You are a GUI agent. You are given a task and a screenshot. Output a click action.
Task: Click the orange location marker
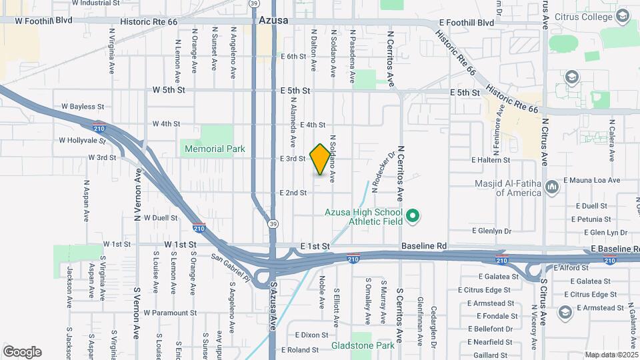pos(320,159)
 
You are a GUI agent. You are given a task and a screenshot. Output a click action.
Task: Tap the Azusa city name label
pos(273,21)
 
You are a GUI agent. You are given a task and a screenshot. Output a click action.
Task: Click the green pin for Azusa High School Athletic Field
pos(412,215)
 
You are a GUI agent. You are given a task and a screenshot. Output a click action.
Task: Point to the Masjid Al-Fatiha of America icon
pos(551,186)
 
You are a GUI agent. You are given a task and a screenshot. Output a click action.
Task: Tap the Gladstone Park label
pos(362,345)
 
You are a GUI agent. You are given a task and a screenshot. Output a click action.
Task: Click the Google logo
pos(22,351)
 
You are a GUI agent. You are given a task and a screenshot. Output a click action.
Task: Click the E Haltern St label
pos(490,160)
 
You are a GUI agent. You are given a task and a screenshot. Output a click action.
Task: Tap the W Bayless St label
pos(83,106)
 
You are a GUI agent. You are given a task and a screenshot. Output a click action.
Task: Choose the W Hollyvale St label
pos(82,141)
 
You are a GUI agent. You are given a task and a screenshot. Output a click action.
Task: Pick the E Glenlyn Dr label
pos(491,231)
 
